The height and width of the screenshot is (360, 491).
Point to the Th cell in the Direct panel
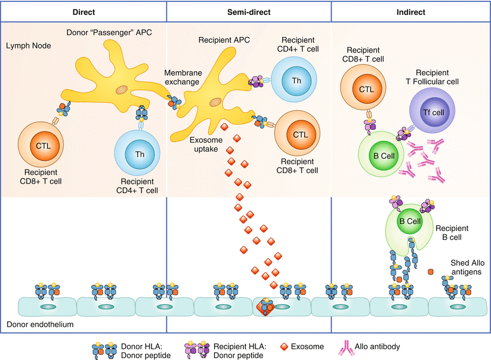click(x=140, y=153)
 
